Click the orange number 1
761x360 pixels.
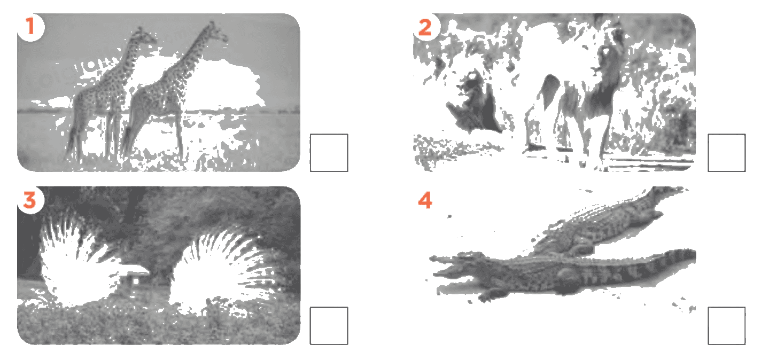pos(30,26)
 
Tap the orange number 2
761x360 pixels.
pos(425,27)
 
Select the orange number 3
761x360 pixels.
pos(29,199)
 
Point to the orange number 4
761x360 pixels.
pos(425,200)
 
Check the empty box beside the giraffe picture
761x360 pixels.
pos(329,153)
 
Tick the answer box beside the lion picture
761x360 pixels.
pos(727,153)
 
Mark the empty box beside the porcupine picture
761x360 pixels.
pos(329,326)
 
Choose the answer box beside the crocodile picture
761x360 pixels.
pos(727,326)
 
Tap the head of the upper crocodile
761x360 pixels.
pos(663,200)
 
